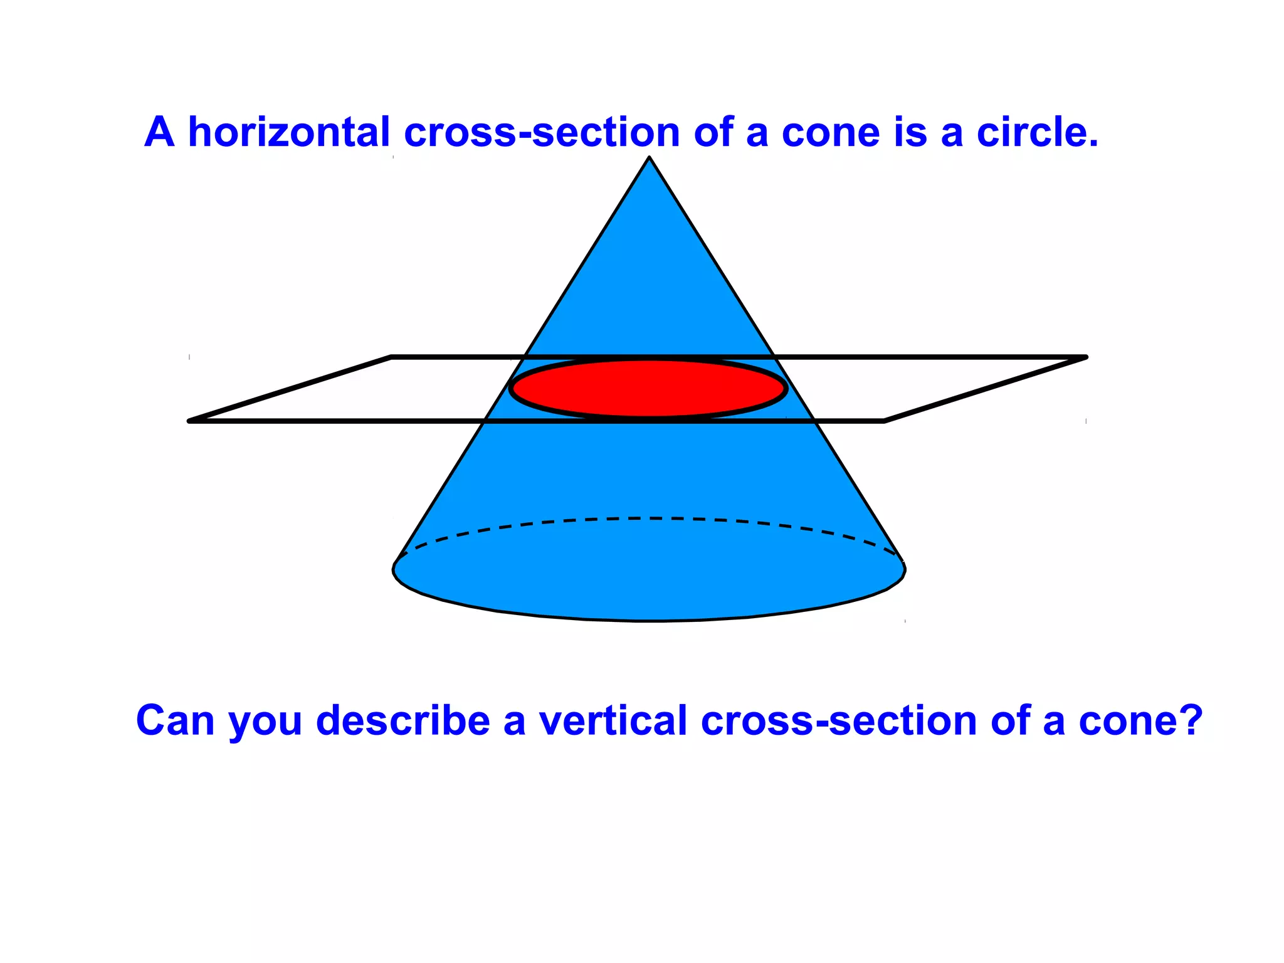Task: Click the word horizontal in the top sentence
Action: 289,132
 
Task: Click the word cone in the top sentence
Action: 831,134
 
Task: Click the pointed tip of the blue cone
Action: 650,159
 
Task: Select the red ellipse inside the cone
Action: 648,388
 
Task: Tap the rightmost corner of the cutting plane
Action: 1085,357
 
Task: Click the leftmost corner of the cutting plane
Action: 190,421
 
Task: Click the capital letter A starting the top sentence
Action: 159,132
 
